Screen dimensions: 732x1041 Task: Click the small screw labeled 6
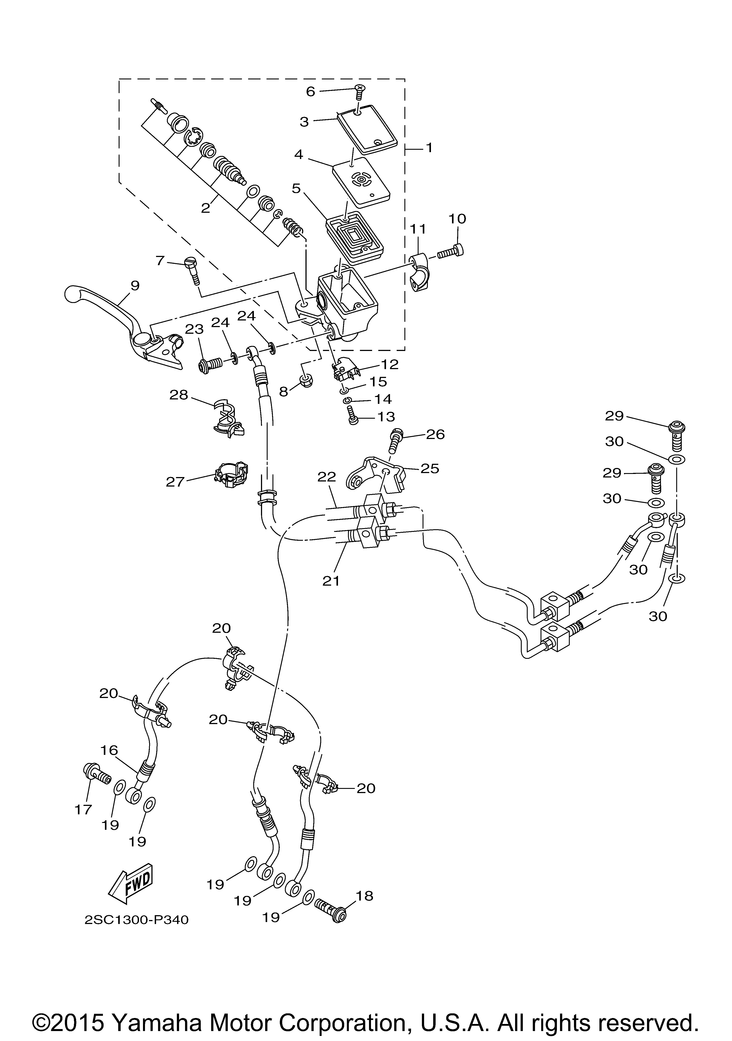point(360,93)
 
